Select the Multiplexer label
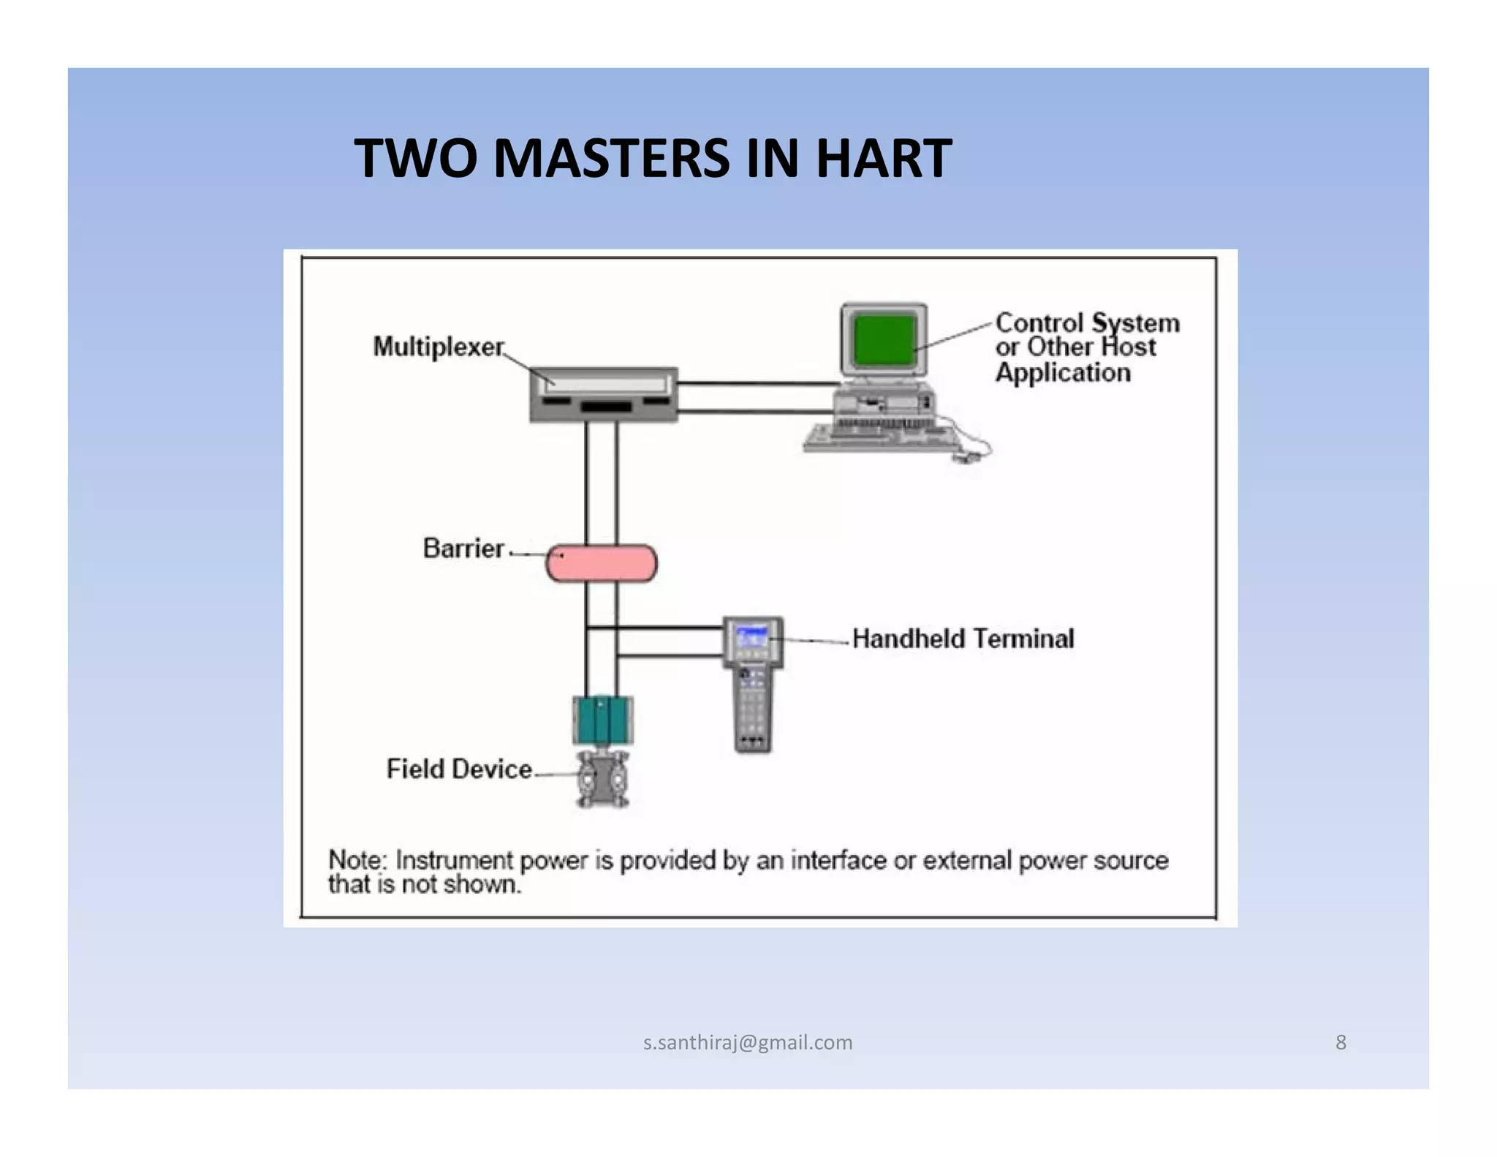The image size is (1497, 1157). (x=438, y=347)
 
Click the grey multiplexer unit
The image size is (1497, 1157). (x=604, y=395)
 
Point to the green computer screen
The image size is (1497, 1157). (x=884, y=339)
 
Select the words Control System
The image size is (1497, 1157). (x=1087, y=323)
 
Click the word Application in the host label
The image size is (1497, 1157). (x=1063, y=373)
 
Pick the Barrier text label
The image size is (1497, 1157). (x=463, y=549)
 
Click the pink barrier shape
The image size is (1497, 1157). (x=602, y=563)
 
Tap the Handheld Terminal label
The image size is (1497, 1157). (x=963, y=638)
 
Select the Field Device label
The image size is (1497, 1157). (x=459, y=769)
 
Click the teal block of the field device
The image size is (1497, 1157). (x=602, y=720)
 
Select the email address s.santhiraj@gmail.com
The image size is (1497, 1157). (x=748, y=1042)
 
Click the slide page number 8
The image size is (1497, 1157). (x=1341, y=1042)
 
